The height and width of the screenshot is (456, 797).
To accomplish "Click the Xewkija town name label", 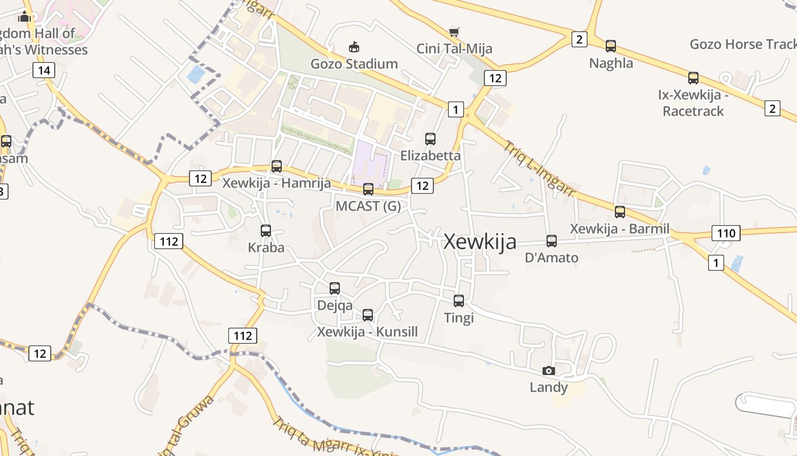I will pyautogui.click(x=480, y=242).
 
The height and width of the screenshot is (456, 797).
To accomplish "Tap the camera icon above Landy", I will pyautogui.click(x=549, y=370).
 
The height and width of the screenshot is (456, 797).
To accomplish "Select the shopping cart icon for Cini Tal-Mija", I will pyautogui.click(x=454, y=32).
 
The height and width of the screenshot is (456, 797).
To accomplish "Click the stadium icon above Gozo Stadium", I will pyautogui.click(x=354, y=47).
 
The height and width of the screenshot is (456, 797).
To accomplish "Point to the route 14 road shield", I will pyautogui.click(x=44, y=71).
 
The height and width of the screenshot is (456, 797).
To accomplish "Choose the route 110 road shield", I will pyautogui.click(x=726, y=233).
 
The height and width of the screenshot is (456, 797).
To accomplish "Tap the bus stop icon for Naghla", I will pyautogui.click(x=611, y=46).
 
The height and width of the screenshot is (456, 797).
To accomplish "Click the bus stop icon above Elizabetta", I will pyautogui.click(x=430, y=139).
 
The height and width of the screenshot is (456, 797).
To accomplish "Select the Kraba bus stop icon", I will pyautogui.click(x=266, y=231).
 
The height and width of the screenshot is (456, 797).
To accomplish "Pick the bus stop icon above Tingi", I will pyautogui.click(x=459, y=300).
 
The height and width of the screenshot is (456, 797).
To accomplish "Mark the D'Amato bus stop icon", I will pyautogui.click(x=551, y=241).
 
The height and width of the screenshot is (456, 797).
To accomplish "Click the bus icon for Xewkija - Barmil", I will pyautogui.click(x=620, y=212).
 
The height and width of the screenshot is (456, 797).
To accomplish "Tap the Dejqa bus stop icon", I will pyautogui.click(x=335, y=288).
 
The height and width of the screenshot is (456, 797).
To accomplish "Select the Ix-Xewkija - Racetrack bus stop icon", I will pyautogui.click(x=693, y=78).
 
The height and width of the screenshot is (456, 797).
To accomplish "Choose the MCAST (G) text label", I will pyautogui.click(x=368, y=206).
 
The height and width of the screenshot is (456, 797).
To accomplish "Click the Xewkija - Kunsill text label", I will pyautogui.click(x=368, y=332).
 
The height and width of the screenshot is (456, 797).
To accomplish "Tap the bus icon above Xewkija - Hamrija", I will pyautogui.click(x=277, y=166).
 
